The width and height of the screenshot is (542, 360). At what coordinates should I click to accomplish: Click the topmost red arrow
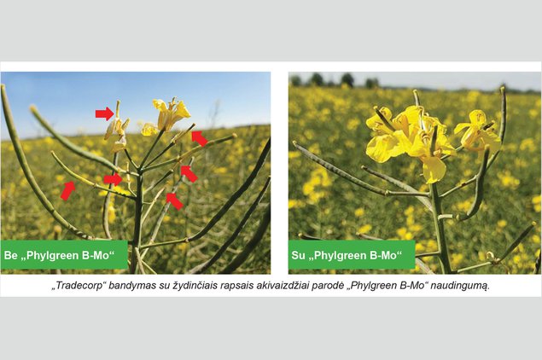click(x=105, y=113)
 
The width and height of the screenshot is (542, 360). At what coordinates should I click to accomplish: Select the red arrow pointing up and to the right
click(x=68, y=190)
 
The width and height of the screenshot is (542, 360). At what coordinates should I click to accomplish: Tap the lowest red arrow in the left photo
click(x=175, y=201)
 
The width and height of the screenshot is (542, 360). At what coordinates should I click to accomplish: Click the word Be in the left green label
click(x=9, y=256)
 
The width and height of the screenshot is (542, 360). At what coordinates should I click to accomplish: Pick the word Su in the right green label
click(x=298, y=256)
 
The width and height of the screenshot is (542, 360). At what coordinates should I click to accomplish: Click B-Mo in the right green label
click(x=385, y=256)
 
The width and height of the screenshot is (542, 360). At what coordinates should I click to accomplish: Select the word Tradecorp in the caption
click(x=80, y=286)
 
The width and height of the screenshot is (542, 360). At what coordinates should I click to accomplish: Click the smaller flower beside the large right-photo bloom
click(x=476, y=131)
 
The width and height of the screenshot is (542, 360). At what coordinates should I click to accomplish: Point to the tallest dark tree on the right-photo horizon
click(x=347, y=79)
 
